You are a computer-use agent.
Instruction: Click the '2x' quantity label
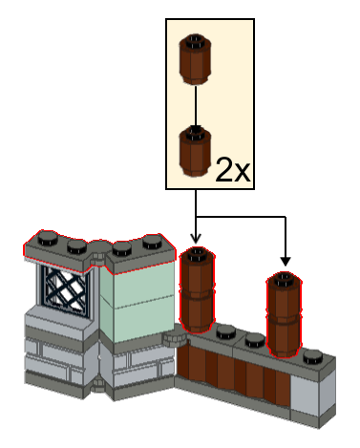click(x=233, y=170)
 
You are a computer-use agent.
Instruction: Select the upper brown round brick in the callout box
click(x=195, y=59)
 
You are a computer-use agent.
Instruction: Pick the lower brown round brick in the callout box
click(x=195, y=151)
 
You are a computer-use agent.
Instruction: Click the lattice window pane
click(x=67, y=290)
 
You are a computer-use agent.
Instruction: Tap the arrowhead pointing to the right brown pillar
click(x=286, y=262)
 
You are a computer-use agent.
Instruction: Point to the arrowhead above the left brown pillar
click(x=196, y=238)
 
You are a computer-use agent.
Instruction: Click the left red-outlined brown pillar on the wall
click(x=198, y=289)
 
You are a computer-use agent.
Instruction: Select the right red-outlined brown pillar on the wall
click(x=285, y=314)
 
